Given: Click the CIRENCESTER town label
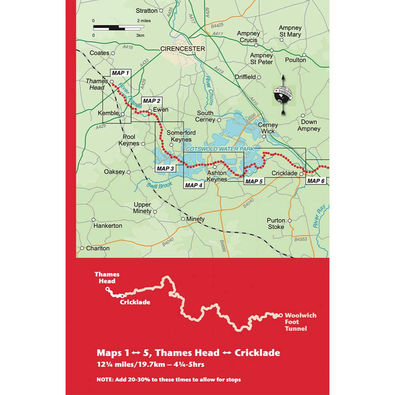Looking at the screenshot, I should coord(182,48).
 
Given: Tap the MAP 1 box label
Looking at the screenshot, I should coord(120,73).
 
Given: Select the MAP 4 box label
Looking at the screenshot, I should coord(194,185).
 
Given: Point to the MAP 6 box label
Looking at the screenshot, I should coord(316,181).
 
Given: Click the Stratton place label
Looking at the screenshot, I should coord(147,11).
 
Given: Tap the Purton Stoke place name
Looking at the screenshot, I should coord(276,223).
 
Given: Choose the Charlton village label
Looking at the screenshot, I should coord(98,248).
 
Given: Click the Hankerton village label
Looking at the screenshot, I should coord(108,225).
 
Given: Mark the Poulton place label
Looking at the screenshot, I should coord(296,60).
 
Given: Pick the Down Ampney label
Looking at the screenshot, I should coord(309,125).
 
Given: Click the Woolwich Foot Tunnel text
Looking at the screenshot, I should coord(300,322).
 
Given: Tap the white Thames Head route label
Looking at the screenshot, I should coord(107,277).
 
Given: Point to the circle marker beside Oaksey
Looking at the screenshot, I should coord(128,172).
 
